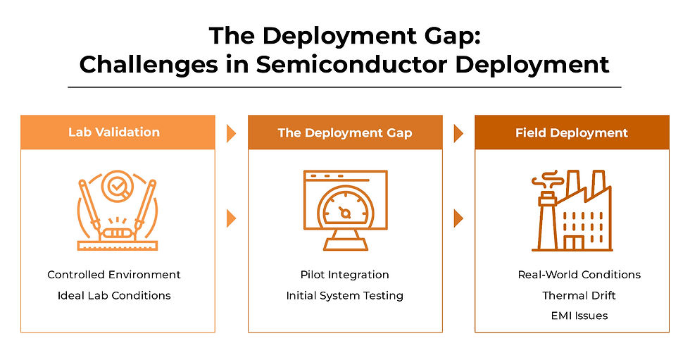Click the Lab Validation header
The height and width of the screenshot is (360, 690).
[x=113, y=132]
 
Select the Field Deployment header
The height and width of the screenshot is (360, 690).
[x=571, y=132]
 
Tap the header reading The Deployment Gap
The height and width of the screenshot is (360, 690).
[x=344, y=132]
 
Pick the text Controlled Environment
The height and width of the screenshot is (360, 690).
[x=114, y=275]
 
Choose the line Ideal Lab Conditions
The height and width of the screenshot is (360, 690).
[x=114, y=295]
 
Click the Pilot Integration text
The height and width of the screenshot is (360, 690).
[x=344, y=275]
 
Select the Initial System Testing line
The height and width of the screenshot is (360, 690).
[x=344, y=295]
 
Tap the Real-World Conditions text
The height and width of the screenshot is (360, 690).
[x=579, y=275]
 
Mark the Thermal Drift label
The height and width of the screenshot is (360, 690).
[x=579, y=295]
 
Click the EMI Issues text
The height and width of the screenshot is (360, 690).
[x=579, y=316]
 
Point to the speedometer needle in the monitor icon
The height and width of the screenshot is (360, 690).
[x=344, y=211]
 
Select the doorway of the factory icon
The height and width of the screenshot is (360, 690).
[x=574, y=242]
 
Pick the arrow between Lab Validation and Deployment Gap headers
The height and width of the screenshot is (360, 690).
[x=231, y=133]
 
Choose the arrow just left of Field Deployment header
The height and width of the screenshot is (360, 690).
[x=458, y=133]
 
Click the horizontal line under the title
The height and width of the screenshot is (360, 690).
[x=344, y=87]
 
